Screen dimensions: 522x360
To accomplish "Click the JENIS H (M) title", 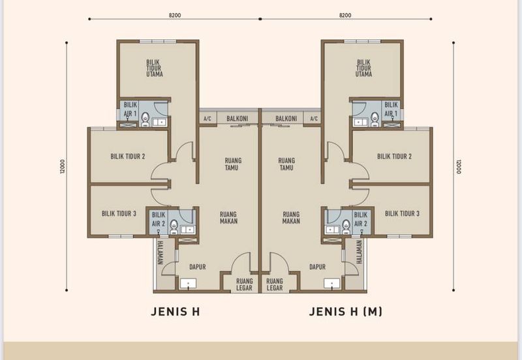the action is pyautogui.click(x=346, y=312).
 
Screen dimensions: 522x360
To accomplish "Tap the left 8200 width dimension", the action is pyautogui.click(x=175, y=15).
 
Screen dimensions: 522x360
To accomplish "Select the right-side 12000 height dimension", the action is pyautogui.click(x=459, y=167).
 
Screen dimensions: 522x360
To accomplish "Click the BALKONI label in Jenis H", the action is pyautogui.click(x=237, y=119).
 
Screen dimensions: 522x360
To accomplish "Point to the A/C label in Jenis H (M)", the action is pyautogui.click(x=314, y=119).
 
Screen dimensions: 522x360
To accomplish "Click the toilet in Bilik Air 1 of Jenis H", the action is pyautogui.click(x=145, y=119).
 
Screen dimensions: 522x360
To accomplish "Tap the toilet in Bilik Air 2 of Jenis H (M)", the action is pyautogui.click(x=346, y=227).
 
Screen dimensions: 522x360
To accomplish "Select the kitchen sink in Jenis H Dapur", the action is pyautogui.click(x=189, y=284).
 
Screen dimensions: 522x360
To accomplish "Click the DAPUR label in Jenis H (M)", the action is pyautogui.click(x=317, y=267).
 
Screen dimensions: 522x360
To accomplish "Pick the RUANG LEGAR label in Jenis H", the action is pyautogui.click(x=244, y=284).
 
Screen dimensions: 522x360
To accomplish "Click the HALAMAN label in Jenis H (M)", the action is pyautogui.click(x=359, y=252).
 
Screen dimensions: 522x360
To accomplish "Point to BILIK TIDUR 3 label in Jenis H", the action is pyautogui.click(x=119, y=214).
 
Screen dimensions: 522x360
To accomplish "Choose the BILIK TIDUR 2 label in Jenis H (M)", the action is pyautogui.click(x=394, y=157).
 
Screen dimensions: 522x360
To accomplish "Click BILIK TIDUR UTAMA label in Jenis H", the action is pyautogui.click(x=155, y=68).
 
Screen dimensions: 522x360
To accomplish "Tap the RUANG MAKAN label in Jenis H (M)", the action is pyautogui.click(x=291, y=218).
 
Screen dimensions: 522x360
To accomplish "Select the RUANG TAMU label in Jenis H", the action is pyautogui.click(x=233, y=164).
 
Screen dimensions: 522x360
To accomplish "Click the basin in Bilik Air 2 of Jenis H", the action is pyautogui.click(x=188, y=230).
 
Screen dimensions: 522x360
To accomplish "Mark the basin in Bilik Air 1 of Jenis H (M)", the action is pyautogui.click(x=360, y=122).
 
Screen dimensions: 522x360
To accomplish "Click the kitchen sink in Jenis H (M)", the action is pyautogui.click(x=332, y=284).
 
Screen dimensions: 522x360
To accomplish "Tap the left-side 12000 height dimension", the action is pyautogui.click(x=63, y=166).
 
